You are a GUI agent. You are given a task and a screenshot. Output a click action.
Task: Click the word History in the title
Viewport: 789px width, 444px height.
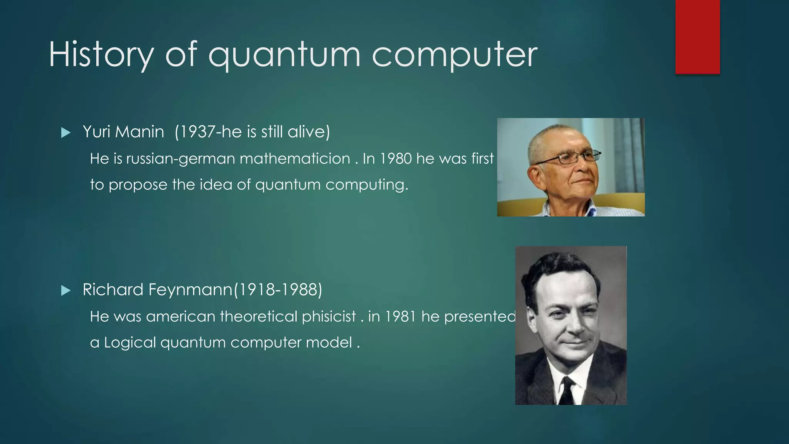point(101,55)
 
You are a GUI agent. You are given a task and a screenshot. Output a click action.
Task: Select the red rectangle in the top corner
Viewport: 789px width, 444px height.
point(697,37)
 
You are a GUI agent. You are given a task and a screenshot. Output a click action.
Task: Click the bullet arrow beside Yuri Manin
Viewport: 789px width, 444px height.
point(66,133)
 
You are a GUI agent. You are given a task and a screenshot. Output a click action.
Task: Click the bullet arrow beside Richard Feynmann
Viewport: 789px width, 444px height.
point(66,291)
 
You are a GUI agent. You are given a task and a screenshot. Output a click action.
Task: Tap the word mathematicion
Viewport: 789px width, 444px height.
point(295,159)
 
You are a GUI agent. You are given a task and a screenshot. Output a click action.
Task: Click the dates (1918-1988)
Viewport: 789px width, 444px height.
point(278,290)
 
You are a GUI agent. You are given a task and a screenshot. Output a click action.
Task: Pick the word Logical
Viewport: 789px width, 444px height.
point(130,343)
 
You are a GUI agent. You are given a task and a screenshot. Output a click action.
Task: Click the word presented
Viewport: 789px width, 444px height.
point(480,317)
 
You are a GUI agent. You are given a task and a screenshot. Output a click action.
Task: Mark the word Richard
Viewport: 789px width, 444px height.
point(113,290)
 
